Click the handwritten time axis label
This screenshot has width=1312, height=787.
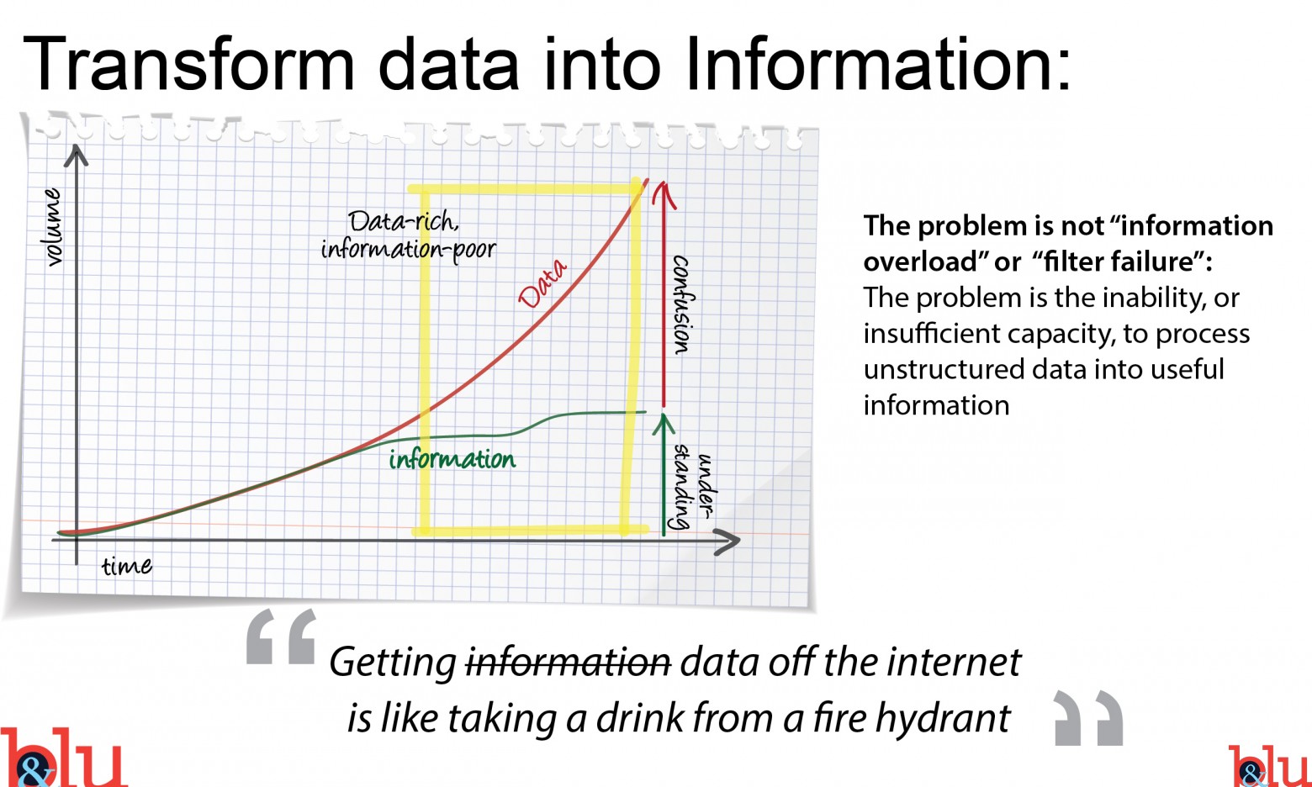tap(126, 566)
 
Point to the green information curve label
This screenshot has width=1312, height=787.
tap(452, 459)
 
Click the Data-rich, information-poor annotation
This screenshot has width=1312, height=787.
tap(408, 236)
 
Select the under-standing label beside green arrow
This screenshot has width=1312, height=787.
tap(694, 487)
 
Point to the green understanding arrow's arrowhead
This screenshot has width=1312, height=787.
tap(664, 423)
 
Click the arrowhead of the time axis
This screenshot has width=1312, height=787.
tap(728, 541)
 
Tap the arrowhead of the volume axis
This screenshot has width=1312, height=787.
tap(76, 155)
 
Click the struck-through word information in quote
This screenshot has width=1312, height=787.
tap(569, 663)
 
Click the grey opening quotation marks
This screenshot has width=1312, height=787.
tap(281, 636)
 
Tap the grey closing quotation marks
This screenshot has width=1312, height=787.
tap(1088, 718)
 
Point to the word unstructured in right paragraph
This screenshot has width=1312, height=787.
tap(944, 369)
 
